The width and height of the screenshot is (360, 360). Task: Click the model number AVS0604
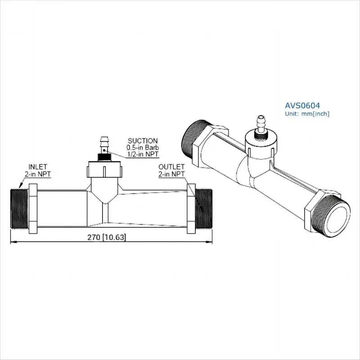302,105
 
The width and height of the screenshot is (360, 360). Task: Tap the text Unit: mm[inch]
307,114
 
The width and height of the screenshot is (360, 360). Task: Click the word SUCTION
143,141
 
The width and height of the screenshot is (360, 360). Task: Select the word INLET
37,166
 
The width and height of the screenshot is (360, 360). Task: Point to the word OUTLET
171,166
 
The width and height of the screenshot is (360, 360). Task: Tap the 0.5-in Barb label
143,148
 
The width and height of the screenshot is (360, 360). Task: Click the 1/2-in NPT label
143,155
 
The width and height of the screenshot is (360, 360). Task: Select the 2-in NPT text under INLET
37,173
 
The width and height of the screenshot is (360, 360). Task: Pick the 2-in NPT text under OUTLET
171,174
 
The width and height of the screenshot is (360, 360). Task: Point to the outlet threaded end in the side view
204,207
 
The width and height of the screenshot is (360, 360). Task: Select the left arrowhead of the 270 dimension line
13,243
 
